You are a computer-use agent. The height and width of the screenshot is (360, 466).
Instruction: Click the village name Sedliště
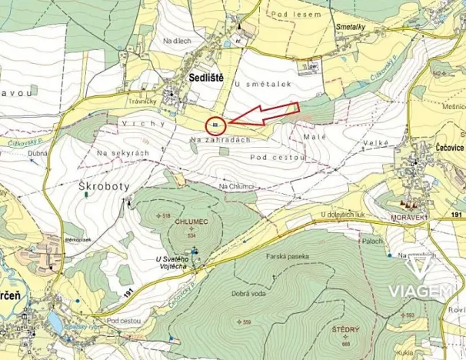pyautogui.click(x=206, y=77)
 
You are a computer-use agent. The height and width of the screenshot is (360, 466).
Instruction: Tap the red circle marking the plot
pyautogui.click(x=216, y=125)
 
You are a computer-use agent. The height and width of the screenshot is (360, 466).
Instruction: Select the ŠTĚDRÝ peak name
pyautogui.click(x=346, y=328)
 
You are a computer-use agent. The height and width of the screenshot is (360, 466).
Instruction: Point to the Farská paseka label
pyautogui.click(x=288, y=255)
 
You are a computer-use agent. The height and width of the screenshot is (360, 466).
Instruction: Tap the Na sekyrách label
pyautogui.click(x=122, y=153)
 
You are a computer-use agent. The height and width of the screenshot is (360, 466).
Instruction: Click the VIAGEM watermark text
pyautogui.click(x=419, y=290)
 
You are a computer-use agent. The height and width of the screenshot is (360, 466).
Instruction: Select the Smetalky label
pyautogui.click(x=351, y=26)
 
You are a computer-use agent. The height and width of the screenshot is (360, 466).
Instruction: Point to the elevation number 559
pyautogui.click(x=247, y=321)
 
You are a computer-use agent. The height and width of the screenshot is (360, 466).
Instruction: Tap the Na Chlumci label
pyautogui.click(x=237, y=186)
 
